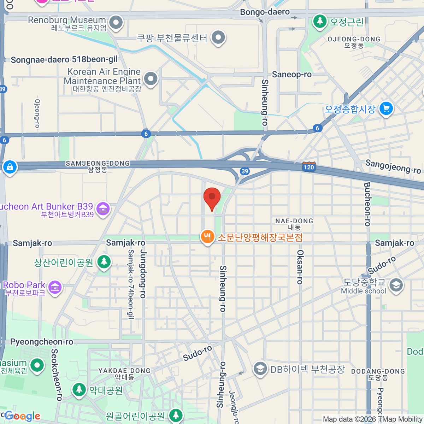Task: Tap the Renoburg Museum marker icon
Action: pyautogui.click(x=116, y=23)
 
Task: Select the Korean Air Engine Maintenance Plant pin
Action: pyautogui.click(x=151, y=79)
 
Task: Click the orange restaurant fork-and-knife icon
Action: pyautogui.click(x=207, y=237)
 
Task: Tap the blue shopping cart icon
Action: pyautogui.click(x=386, y=108)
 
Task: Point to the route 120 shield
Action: pyautogui.click(x=308, y=167)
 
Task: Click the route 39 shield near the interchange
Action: pyautogui.click(x=245, y=171)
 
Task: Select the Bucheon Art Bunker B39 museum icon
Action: pyautogui.click(x=103, y=209)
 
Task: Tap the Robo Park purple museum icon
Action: pyautogui.click(x=55, y=287)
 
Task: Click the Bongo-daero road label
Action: pyautogui.click(x=265, y=12)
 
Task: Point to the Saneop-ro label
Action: pyautogui.click(x=291, y=74)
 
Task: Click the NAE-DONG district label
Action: pyautogui.click(x=294, y=221)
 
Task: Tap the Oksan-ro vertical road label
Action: pyautogui.click(x=300, y=267)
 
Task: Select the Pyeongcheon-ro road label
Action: pyautogui.click(x=42, y=342)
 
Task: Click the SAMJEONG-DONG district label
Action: pyautogui.click(x=98, y=164)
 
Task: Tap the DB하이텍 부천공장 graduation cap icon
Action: pyautogui.click(x=260, y=369)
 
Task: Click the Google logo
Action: pyautogui.click(x=22, y=416)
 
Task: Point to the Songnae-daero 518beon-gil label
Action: pyautogui.click(x=64, y=59)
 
